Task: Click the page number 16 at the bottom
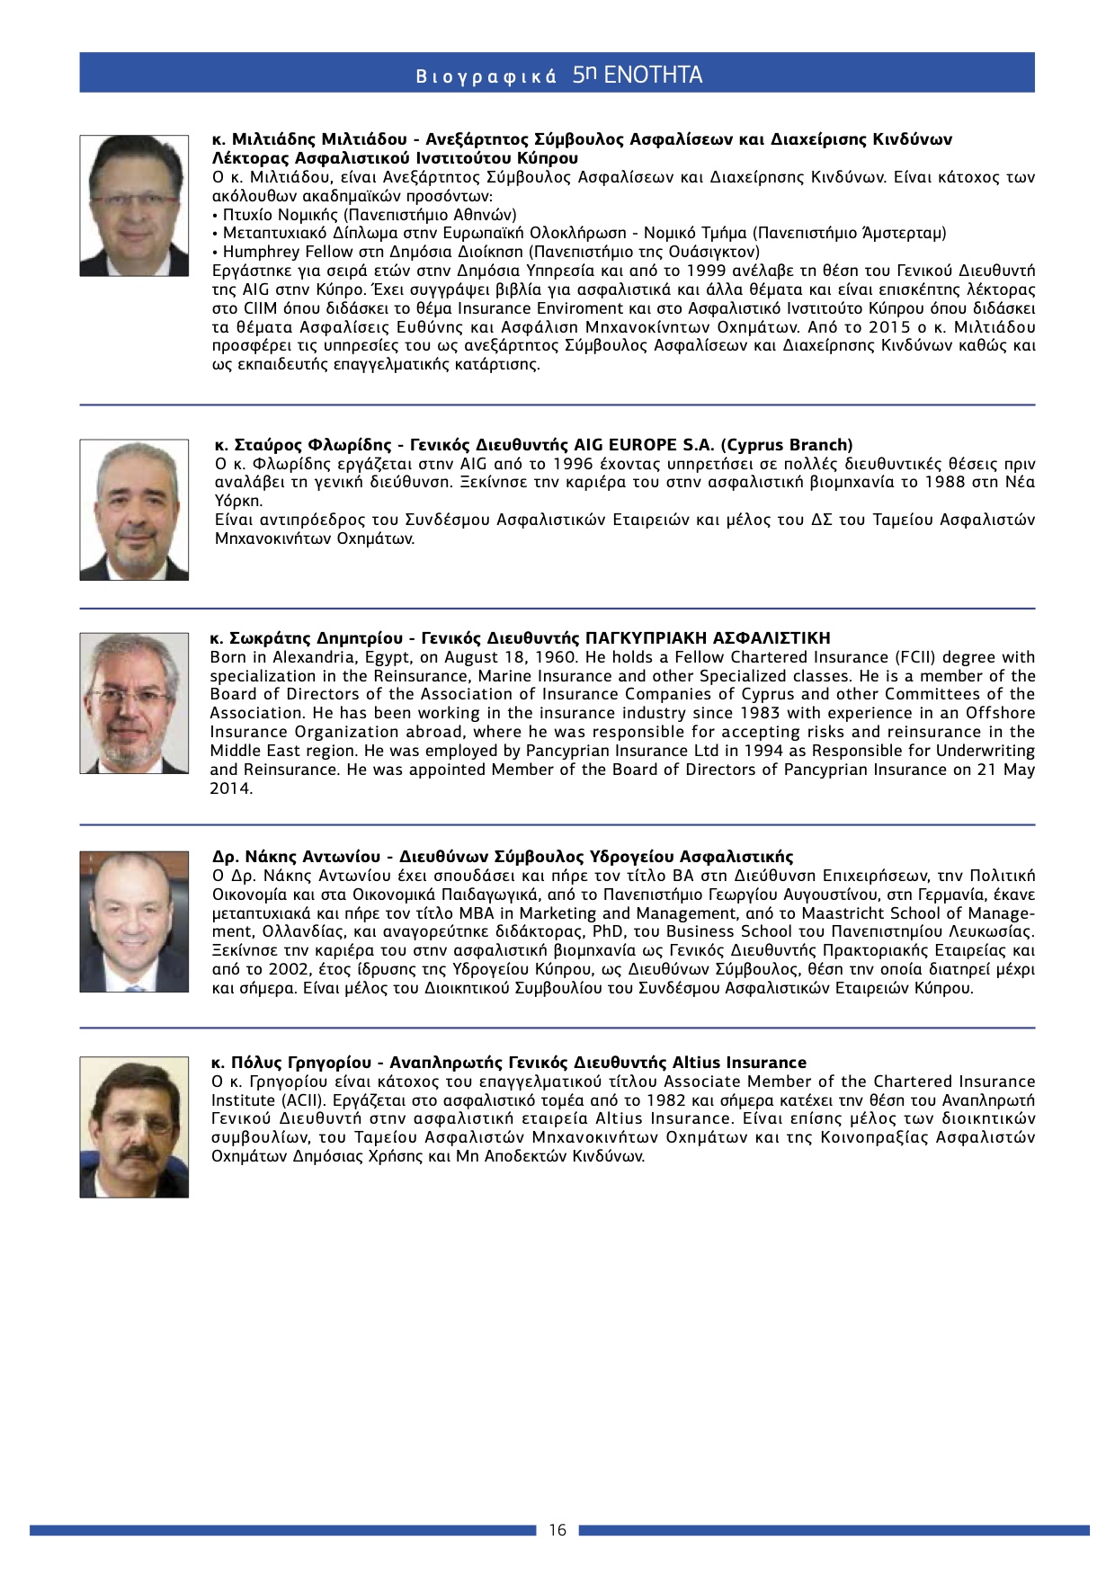557,1530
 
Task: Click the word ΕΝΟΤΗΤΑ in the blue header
654,75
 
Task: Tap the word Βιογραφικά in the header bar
486,77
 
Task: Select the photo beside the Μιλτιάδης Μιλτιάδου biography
134,206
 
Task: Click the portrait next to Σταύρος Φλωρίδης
134,510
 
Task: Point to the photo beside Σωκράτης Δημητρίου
134,703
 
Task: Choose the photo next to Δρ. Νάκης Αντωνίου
134,922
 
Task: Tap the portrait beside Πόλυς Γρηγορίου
134,1126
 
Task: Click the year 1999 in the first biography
706,271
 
